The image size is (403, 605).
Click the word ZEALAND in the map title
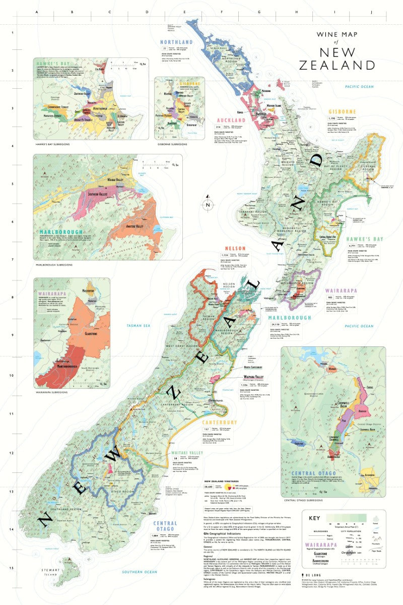tap(337, 65)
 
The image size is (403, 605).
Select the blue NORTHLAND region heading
tap(176, 42)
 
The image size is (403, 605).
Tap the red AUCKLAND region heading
tap(231, 120)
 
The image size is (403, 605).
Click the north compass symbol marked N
tap(207, 204)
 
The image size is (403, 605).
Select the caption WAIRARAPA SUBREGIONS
tap(53, 392)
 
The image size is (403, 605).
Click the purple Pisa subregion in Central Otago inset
tap(343, 419)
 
